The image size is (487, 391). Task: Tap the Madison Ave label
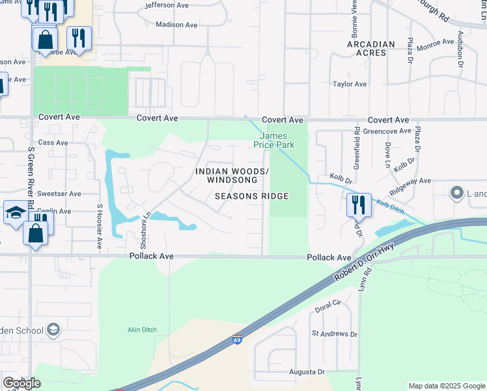coord(176,25)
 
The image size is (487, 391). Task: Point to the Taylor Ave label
coord(350,84)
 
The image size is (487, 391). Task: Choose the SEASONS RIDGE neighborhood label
coord(251,196)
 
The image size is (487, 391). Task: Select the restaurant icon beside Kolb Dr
coord(359,205)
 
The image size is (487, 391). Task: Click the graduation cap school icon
coord(16,212)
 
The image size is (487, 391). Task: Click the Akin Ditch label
coord(142,330)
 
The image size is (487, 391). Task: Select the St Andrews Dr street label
coord(334,334)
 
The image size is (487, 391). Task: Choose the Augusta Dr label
coord(307,372)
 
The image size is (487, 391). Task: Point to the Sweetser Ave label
coord(59,194)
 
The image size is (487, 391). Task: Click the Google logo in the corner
coord(22,383)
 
